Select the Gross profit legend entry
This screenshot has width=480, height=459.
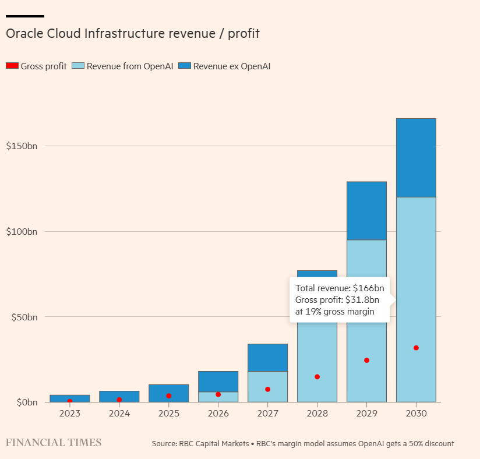tap(36, 66)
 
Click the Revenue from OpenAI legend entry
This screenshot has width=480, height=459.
tap(122, 66)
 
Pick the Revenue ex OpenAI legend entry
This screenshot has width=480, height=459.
tap(224, 66)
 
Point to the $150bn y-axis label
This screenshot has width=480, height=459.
tap(22, 146)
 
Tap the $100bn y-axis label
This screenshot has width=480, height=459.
tap(22, 231)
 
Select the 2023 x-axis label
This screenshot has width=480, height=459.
tap(70, 414)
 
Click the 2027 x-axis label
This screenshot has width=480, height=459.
tap(267, 414)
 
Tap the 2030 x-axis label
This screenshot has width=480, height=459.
tap(416, 414)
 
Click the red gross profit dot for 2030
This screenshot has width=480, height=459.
tap(416, 348)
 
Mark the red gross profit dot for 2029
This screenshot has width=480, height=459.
tap(366, 361)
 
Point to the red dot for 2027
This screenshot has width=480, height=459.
tap(267, 389)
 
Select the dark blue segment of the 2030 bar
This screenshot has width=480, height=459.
tap(416, 158)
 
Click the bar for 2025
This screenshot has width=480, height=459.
tap(168, 393)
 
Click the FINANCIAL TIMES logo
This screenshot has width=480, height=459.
tap(54, 443)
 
